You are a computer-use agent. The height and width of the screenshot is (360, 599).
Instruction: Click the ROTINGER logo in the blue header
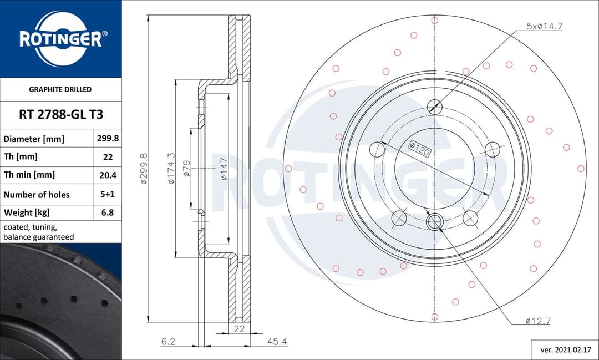60,39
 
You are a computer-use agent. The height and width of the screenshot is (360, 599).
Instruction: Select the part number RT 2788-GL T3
60,115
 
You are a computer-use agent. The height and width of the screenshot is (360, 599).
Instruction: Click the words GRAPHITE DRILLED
60,89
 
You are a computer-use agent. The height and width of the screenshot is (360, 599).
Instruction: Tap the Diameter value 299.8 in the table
108,139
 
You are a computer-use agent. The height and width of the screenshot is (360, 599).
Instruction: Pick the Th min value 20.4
108,175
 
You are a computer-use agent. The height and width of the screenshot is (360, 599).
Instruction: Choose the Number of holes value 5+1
108,195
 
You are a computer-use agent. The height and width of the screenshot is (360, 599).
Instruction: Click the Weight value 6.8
108,212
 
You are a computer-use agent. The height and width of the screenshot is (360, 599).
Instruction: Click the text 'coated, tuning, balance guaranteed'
38,232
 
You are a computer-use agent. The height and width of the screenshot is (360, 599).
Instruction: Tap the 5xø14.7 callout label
544,26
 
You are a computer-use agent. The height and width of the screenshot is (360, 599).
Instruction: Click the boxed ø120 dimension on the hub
420,148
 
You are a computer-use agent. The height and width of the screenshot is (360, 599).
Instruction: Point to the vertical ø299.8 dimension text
143,169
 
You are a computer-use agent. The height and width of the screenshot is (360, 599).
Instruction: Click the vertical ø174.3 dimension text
171,169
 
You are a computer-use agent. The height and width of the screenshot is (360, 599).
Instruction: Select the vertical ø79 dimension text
186,169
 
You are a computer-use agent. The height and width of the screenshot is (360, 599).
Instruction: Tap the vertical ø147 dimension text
224,169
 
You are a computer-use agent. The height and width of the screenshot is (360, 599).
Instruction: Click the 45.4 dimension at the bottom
277,342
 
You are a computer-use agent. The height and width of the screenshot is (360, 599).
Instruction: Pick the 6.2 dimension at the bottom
168,342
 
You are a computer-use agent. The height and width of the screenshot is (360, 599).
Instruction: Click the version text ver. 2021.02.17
561,350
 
